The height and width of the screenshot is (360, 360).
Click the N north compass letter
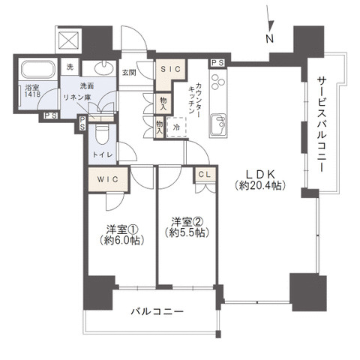269,38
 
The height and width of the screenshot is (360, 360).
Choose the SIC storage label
168,70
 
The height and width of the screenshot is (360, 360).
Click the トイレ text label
103,154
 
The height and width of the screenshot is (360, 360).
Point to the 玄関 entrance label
128,72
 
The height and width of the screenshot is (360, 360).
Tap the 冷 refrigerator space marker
175,127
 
